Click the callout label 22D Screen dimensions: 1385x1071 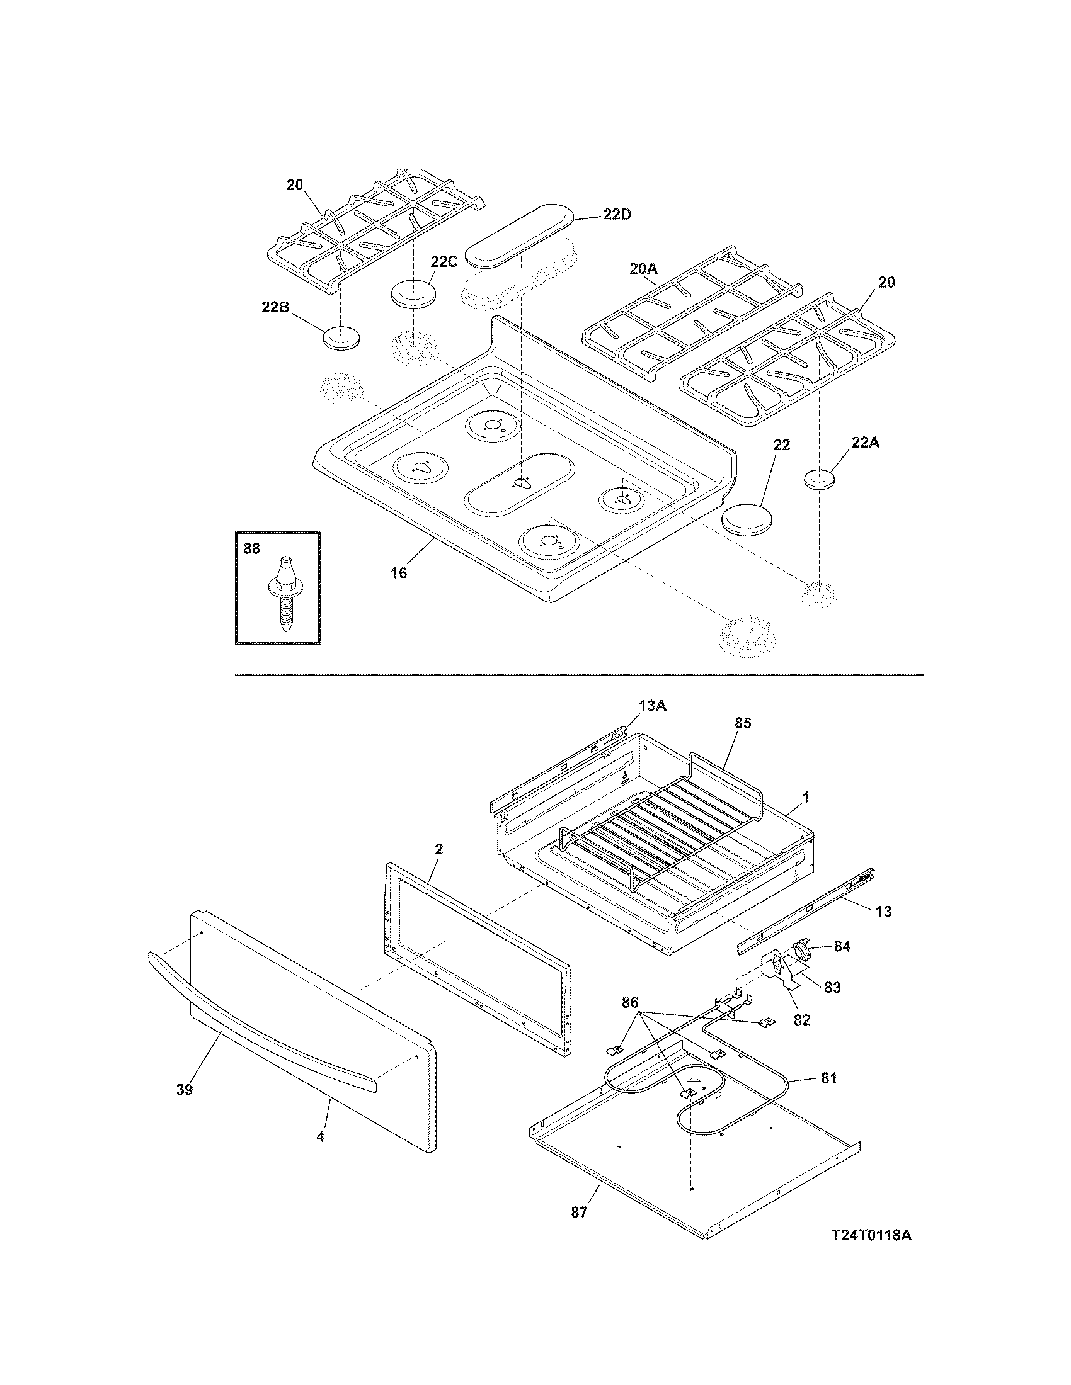click(x=617, y=215)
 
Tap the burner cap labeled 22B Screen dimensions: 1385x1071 click(x=341, y=337)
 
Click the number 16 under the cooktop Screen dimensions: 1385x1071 click(x=398, y=574)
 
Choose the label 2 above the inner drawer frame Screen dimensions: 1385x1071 click(x=438, y=849)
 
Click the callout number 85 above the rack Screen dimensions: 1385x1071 click(x=742, y=723)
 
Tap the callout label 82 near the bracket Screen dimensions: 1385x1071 click(x=802, y=1020)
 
